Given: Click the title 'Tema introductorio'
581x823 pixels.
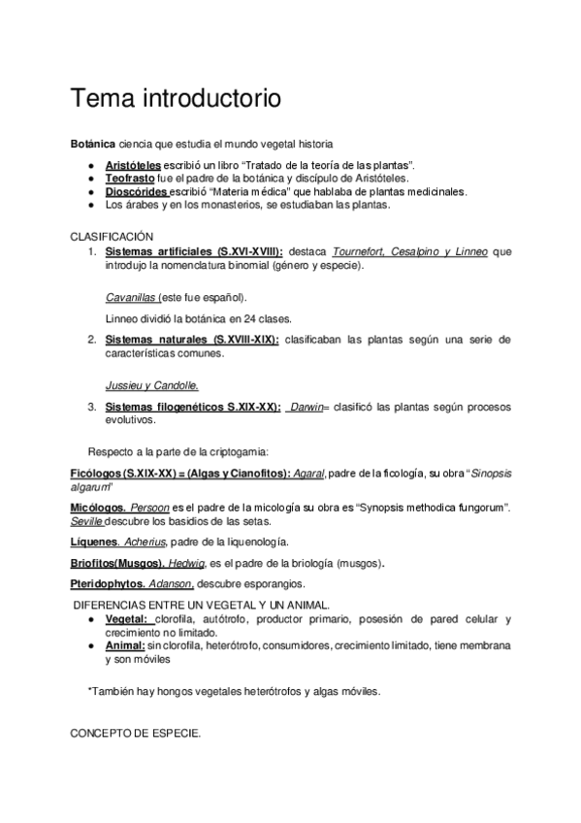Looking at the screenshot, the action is coord(176,98).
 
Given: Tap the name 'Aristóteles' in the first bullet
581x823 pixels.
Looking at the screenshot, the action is coord(133,166).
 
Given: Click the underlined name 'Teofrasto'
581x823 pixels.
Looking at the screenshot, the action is coord(130,179).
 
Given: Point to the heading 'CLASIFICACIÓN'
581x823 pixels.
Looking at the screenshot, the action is coord(113,237).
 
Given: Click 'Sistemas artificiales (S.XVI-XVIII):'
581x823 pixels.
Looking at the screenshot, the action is coord(194,251).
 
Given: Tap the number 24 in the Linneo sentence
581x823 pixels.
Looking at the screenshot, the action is coord(240,318).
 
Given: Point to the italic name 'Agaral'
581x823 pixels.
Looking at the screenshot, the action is coord(308,473).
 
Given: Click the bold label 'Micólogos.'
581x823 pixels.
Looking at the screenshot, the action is coord(97,508).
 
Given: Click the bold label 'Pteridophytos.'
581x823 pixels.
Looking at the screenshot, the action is coord(108,584).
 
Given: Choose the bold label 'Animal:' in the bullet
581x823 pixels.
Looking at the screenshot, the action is coord(125,644).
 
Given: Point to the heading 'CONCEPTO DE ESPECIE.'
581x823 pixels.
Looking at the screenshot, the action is coord(136,735).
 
